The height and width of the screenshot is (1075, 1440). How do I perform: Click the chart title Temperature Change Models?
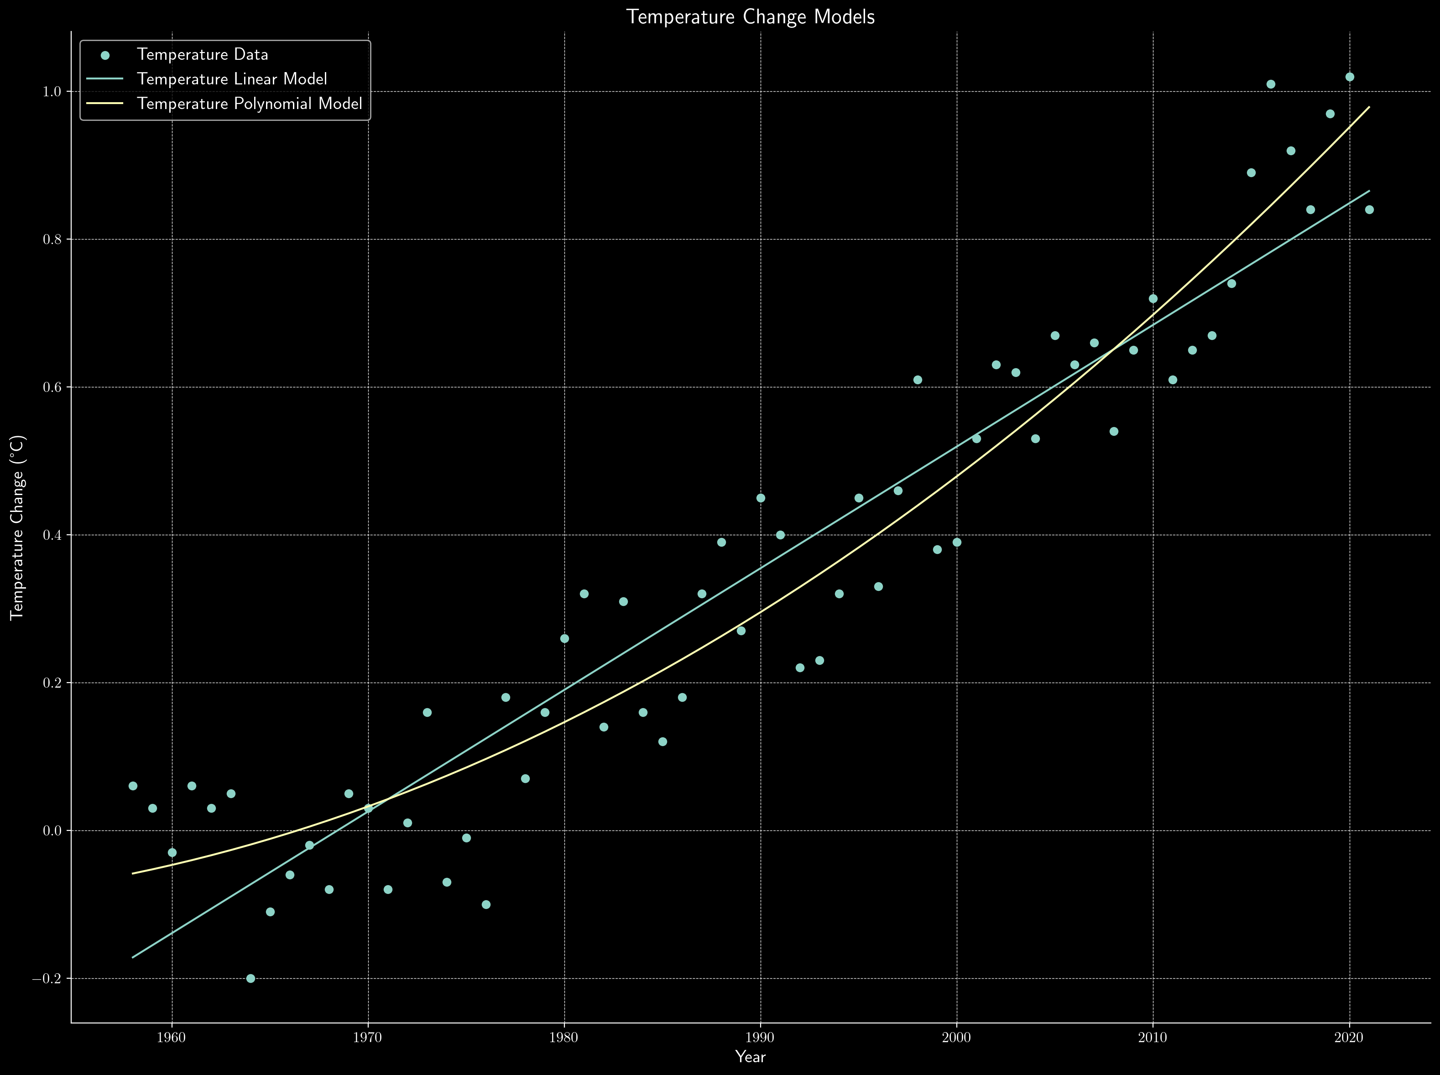(x=750, y=17)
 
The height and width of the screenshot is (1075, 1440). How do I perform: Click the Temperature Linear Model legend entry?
(x=232, y=79)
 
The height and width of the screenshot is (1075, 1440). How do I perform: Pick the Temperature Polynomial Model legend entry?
(x=249, y=104)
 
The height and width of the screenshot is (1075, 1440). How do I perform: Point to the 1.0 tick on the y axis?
(x=52, y=92)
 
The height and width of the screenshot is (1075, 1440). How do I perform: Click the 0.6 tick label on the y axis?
(x=52, y=387)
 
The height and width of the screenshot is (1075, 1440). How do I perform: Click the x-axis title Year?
(x=750, y=1057)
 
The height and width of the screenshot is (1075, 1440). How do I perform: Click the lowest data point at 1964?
(x=250, y=978)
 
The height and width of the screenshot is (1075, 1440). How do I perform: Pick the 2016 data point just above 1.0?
(x=1271, y=84)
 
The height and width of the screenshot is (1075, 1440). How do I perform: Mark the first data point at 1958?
(x=133, y=786)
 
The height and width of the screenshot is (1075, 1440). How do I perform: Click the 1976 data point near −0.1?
(x=486, y=904)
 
